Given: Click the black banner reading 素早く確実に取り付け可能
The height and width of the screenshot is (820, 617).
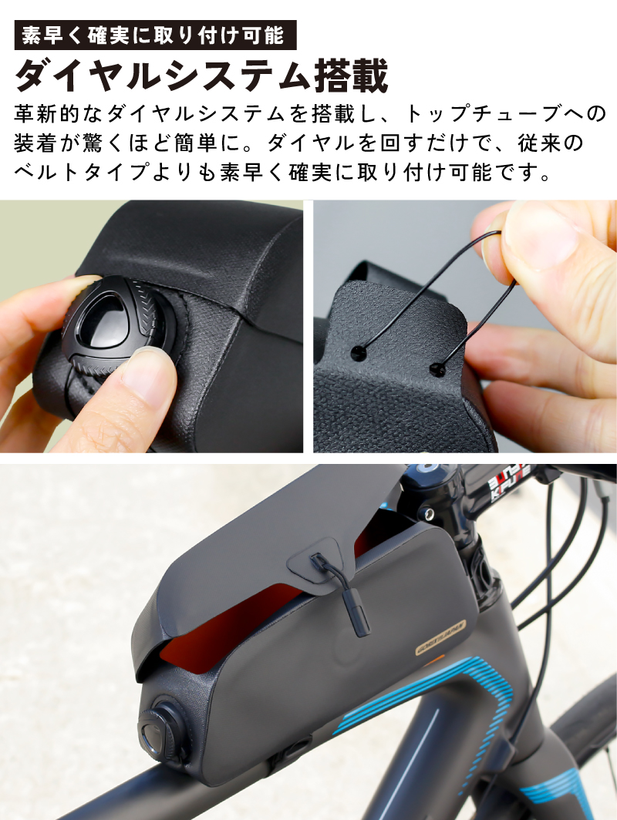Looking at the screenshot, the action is (156, 35).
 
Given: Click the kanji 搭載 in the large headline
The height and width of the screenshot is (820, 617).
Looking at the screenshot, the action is (351, 76).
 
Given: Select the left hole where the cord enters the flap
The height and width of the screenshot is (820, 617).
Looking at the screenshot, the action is (357, 354).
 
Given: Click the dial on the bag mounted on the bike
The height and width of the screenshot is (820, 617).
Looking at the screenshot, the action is (164, 731).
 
